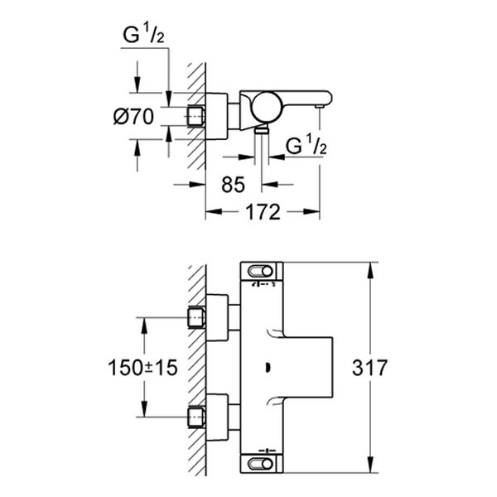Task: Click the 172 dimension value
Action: [x=262, y=212]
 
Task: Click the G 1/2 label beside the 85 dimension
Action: [x=306, y=147]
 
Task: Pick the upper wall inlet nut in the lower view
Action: [x=196, y=317]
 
